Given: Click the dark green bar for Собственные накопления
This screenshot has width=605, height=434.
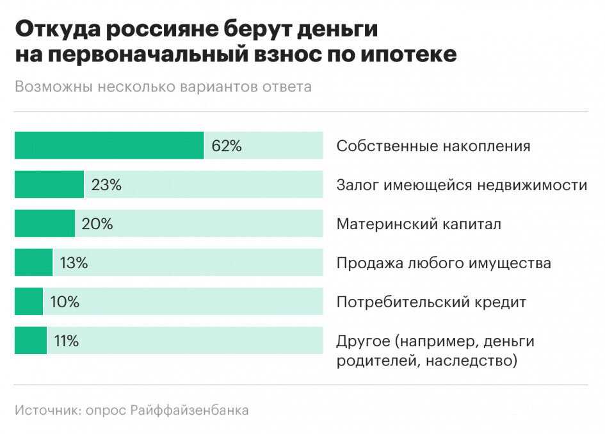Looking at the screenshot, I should click(x=109, y=145).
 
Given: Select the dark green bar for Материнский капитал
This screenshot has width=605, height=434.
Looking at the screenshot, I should click(x=44, y=223).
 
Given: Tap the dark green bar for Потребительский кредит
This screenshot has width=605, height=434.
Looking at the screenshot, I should click(x=28, y=301).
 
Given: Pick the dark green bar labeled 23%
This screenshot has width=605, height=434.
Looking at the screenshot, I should click(x=49, y=184).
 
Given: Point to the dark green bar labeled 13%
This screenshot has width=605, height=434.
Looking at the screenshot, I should click(x=33, y=262).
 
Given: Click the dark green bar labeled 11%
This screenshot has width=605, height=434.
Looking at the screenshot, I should click(x=30, y=341).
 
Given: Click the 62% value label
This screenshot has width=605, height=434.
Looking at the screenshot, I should click(x=226, y=146).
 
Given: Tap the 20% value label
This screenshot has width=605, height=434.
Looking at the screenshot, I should click(x=97, y=224).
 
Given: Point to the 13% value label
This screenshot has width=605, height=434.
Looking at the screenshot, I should click(x=74, y=263).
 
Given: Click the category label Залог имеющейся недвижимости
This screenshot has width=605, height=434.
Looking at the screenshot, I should click(x=462, y=186).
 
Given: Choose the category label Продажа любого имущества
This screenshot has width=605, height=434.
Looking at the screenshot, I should click(x=444, y=263).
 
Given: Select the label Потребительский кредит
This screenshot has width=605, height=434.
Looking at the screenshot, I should click(x=431, y=302).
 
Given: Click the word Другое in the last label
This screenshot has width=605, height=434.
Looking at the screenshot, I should click(x=360, y=341).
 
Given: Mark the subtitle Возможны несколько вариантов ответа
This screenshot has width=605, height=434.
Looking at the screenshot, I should click(x=163, y=87).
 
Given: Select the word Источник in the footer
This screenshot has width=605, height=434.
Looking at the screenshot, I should click(x=47, y=410).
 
